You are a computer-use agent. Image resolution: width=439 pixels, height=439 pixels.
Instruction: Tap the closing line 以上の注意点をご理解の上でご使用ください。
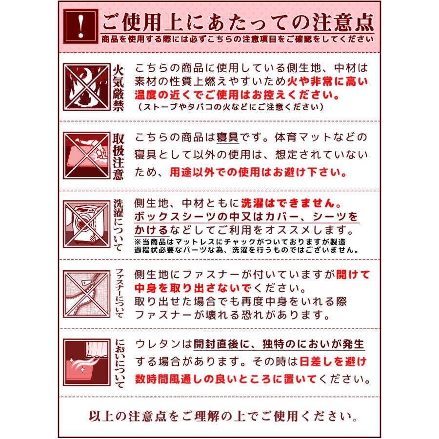tap(222, 417)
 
